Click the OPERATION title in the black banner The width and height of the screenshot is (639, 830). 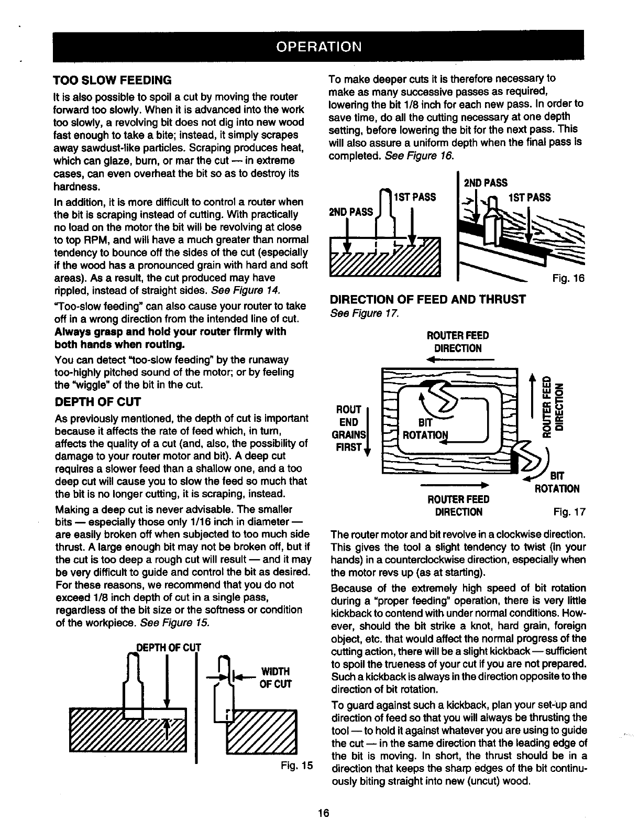pos(318,46)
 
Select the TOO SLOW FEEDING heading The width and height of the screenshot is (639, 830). pos(113,81)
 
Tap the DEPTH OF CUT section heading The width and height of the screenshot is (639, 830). pos(94,402)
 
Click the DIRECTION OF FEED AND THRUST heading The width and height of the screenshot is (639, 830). pos(427,300)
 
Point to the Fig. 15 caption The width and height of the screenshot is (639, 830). pos(296,765)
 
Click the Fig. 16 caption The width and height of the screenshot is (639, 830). pos(568,279)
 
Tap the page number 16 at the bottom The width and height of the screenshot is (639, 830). pos(323,813)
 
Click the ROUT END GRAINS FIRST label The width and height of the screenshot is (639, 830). pos(349,428)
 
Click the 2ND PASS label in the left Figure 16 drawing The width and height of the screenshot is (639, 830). pos(350,212)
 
